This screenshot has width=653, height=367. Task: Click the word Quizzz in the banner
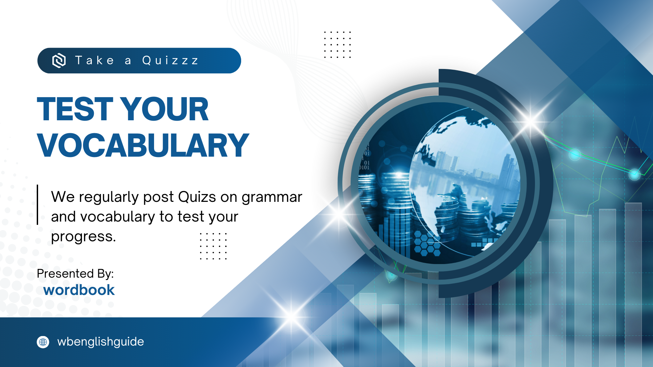coord(170,60)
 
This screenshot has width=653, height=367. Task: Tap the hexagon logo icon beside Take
coord(59,60)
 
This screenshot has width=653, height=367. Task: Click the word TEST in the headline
coord(75,109)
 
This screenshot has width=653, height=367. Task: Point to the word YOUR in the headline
coord(164,109)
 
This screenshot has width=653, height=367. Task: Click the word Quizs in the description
coord(197,197)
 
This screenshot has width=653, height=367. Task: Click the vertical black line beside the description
coord(37,205)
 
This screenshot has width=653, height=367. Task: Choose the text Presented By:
coord(75,274)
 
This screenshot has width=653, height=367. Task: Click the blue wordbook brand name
coord(79,290)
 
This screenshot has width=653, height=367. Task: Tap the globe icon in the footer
coord(43,342)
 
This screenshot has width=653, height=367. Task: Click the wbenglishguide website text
coord(101,342)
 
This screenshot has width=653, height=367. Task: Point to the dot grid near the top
coord(337,45)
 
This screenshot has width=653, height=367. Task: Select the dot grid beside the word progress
coord(213,246)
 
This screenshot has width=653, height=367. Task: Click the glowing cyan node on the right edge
coord(635,174)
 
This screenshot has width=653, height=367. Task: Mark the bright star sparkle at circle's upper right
coord(531,121)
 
